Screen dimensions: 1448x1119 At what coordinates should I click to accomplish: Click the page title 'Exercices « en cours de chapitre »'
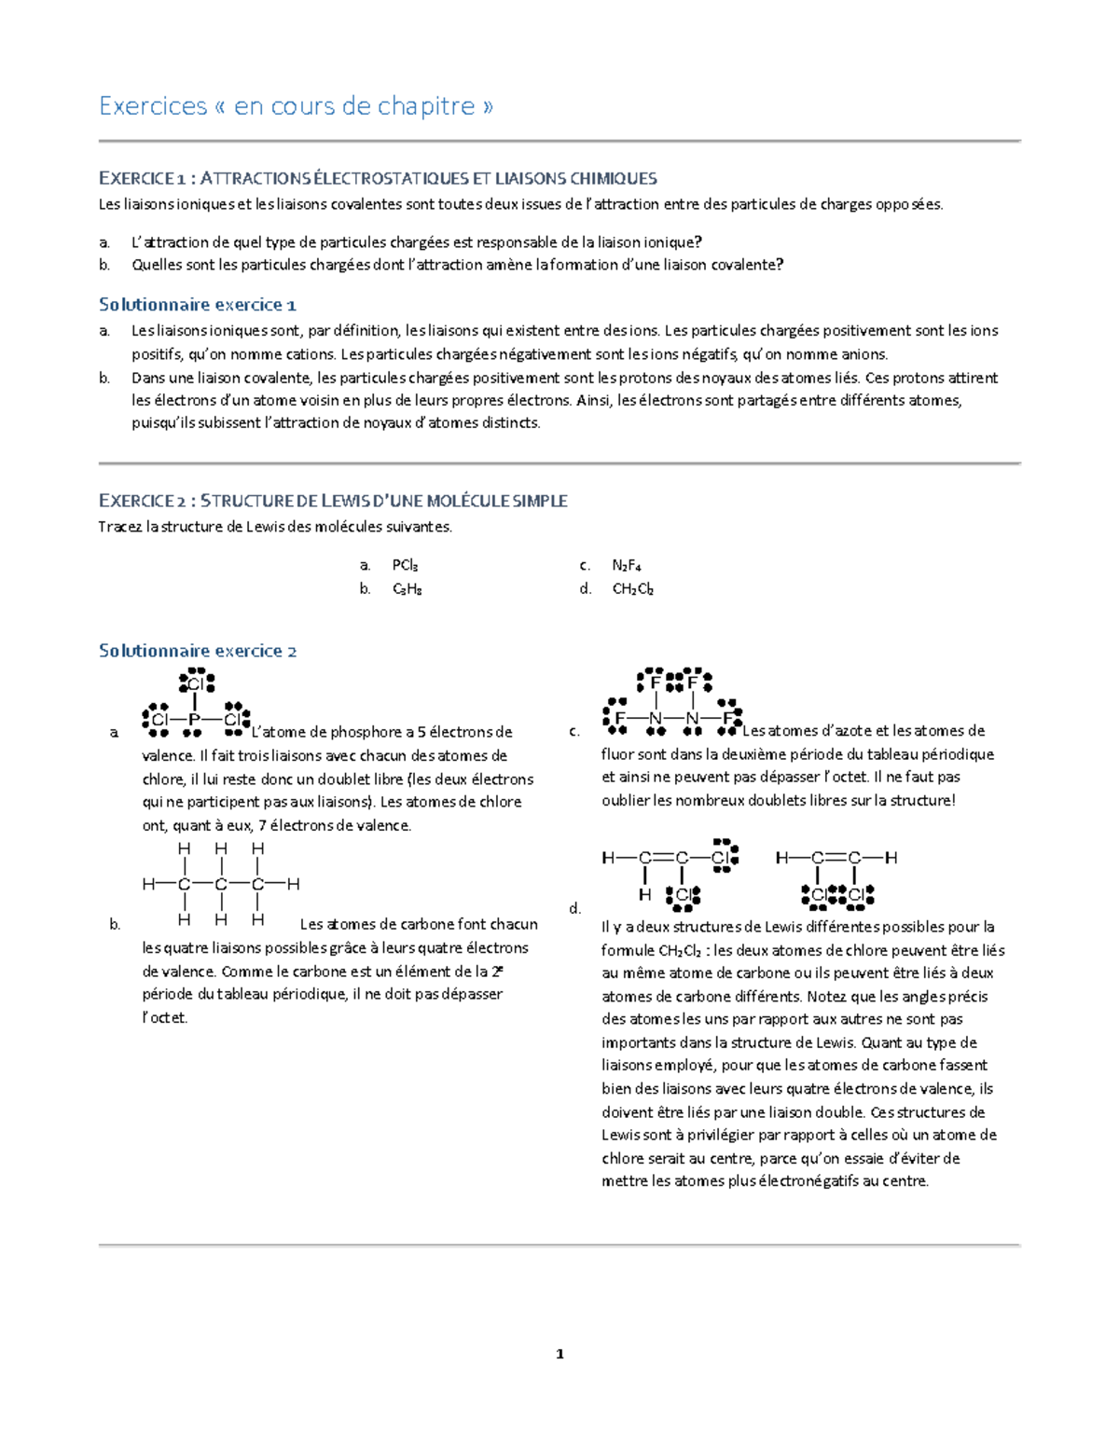296,106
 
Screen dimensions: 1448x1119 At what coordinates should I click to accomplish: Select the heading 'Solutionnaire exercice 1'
198,305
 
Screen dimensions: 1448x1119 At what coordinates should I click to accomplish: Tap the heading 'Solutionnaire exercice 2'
198,651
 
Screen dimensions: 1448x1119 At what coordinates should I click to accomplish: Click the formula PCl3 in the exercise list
405,565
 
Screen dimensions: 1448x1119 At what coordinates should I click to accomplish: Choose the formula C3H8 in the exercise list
407,589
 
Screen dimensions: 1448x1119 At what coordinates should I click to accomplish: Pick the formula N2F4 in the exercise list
626,565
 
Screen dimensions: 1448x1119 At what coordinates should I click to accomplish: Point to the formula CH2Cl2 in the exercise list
632,589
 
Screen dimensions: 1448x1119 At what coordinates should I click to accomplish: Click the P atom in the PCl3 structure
195,720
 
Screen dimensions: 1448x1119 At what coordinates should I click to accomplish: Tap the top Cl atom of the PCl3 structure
195,684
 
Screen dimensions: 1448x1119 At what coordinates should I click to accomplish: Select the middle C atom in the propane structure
221,884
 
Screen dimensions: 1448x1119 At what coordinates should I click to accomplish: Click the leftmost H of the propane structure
147,884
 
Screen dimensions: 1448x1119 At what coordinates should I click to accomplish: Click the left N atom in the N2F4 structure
656,718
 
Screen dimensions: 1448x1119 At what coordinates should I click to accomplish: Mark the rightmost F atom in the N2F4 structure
728,718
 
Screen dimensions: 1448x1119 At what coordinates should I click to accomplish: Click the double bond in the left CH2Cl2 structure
663,858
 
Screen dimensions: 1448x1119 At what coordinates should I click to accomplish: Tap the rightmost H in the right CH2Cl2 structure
891,858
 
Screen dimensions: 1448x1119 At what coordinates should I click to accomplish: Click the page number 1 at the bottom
559,1354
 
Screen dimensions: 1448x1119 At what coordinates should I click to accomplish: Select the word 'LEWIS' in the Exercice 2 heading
345,502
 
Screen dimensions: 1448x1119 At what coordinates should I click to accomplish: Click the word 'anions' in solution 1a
863,354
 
